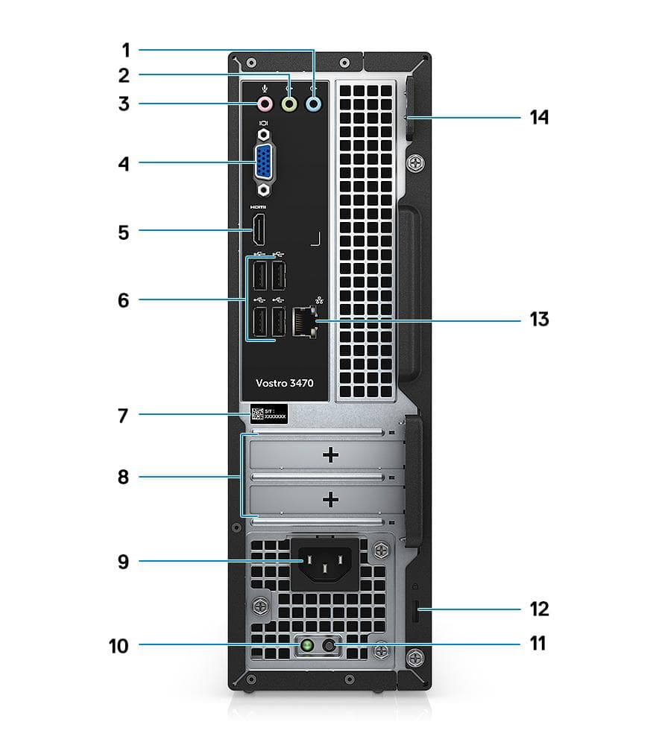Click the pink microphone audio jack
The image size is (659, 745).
click(264, 105)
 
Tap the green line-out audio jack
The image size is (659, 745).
click(289, 105)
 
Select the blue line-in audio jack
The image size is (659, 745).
click(314, 105)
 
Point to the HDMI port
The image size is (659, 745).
click(257, 229)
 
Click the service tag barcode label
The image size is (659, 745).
click(268, 414)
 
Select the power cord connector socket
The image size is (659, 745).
click(325, 563)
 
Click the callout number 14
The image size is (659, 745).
click(539, 118)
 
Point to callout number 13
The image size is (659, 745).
click(539, 320)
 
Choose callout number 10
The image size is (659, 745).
click(117, 646)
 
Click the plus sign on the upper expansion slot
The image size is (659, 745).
click(330, 454)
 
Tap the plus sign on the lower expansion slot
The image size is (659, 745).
click(330, 500)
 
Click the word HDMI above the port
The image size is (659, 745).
click(257, 207)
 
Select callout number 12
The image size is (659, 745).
click(539, 609)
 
